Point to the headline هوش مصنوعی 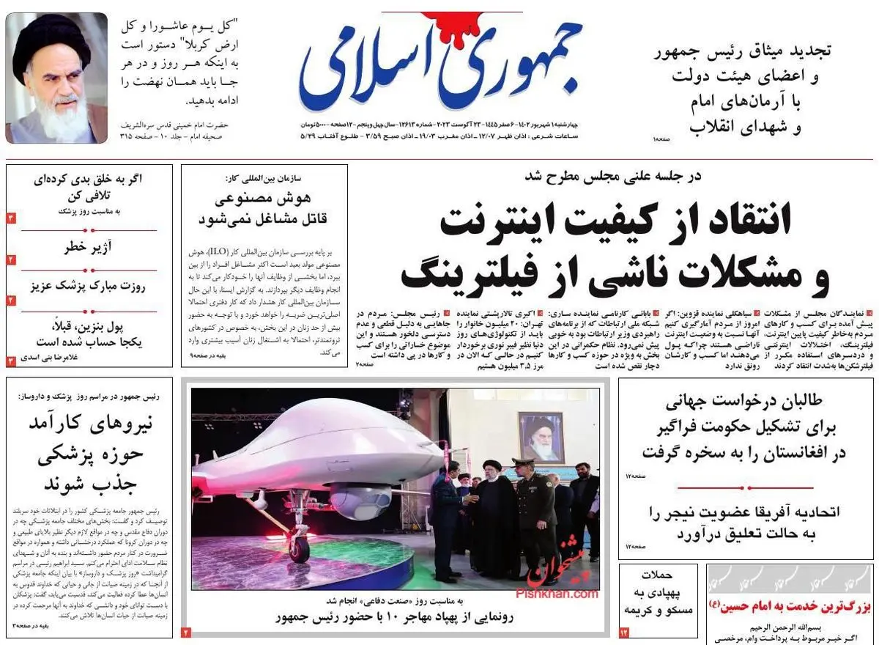(x=264, y=198)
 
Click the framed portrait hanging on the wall (x=541, y=437)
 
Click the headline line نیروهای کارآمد (x=89, y=424)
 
